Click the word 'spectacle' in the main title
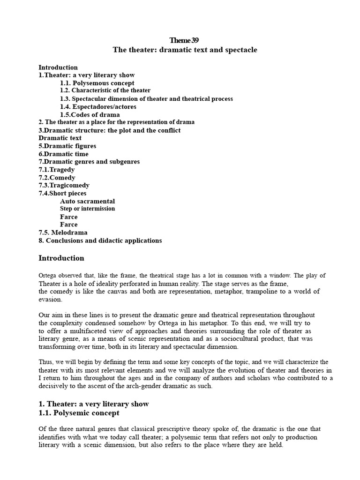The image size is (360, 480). [240, 50]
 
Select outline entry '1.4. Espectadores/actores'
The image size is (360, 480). [98, 107]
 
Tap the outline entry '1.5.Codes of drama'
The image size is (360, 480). [90, 115]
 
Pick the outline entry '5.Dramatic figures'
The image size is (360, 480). [67, 146]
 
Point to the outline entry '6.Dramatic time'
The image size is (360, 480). [63, 154]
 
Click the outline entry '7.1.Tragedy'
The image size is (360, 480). [56, 170]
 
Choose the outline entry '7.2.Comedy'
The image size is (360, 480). [57, 178]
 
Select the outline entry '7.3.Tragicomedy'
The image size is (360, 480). [64, 186]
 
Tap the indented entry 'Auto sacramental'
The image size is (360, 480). [87, 202]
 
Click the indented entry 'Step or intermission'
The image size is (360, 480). [87, 209]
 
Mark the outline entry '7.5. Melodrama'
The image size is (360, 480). [63, 232]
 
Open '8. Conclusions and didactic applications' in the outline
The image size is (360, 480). [100, 240]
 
